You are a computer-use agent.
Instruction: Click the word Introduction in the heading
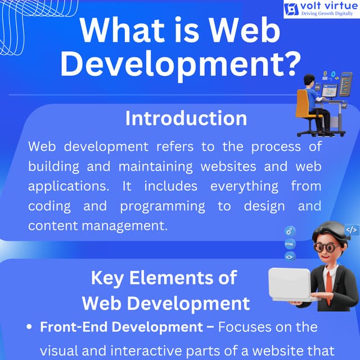point(186,119)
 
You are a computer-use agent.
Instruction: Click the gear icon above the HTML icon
point(290,231)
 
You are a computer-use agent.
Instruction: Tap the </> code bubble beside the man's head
point(352,229)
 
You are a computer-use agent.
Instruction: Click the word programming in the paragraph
point(163,206)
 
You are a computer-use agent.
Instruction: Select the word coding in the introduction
point(49,206)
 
